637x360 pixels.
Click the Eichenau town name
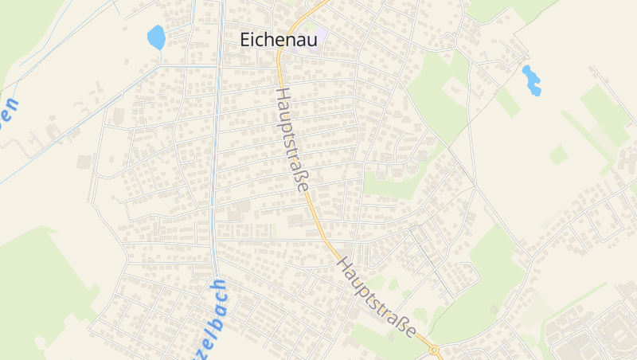point(279,40)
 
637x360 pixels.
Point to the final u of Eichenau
point(311,41)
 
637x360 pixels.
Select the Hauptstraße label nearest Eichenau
point(292,139)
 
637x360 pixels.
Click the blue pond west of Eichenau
point(155,37)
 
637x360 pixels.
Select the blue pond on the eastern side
point(531,80)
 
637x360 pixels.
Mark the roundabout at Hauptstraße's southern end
point(434,349)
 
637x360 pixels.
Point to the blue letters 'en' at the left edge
point(8,110)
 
